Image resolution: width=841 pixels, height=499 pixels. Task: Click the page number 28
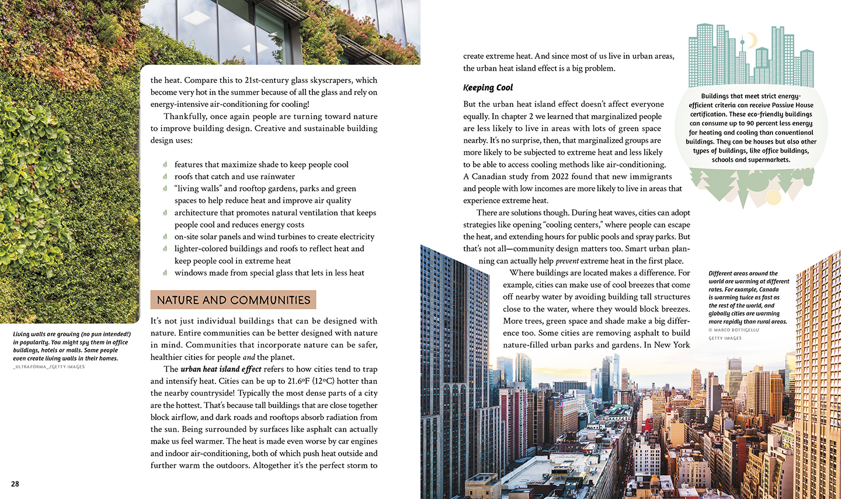coord(15,484)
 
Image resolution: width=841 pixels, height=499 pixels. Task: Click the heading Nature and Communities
coord(233,300)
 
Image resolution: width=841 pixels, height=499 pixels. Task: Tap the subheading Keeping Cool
coord(488,88)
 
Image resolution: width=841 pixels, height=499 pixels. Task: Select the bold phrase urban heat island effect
coord(221,369)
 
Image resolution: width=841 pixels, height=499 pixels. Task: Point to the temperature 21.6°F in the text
coord(298,381)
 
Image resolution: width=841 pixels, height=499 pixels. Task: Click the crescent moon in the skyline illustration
coord(751,40)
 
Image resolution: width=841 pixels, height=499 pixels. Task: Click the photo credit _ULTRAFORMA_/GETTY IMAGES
coord(49,367)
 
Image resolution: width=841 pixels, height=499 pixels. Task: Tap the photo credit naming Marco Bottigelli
coord(734,330)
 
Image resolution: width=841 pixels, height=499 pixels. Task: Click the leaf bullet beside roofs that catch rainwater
coord(165,176)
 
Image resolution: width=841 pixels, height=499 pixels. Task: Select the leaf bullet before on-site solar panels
coord(165,236)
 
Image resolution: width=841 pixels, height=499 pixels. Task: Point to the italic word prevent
coord(567,261)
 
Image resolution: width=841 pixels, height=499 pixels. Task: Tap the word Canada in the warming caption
coord(769,289)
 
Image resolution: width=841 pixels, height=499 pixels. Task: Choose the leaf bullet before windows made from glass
coord(165,273)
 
